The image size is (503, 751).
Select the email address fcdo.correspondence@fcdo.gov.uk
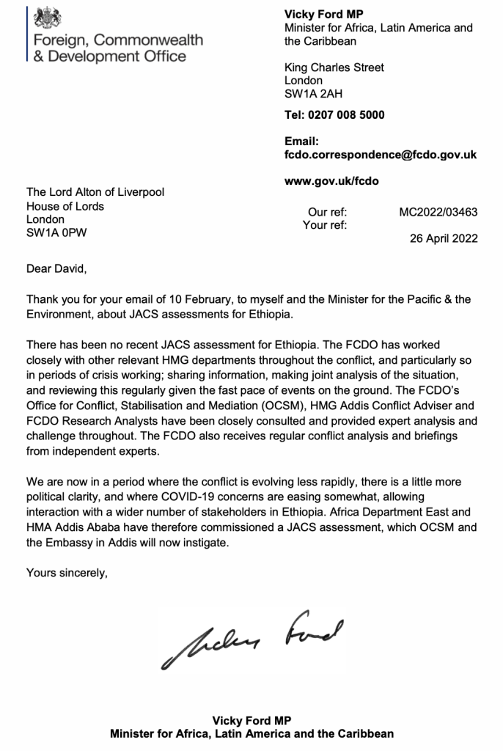pyautogui.click(x=381, y=155)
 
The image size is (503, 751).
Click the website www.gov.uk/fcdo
pyautogui.click(x=331, y=179)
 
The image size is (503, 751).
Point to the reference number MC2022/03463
pyautogui.click(x=438, y=213)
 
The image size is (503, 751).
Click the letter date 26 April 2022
pyautogui.click(x=444, y=238)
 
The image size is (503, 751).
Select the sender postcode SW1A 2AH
pyautogui.click(x=313, y=94)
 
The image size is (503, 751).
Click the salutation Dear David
pyautogui.click(x=56, y=269)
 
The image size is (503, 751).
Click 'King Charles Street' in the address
pyautogui.click(x=334, y=67)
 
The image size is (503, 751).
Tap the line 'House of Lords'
pyautogui.click(x=65, y=206)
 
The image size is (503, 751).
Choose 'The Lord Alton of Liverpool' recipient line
pyautogui.click(x=95, y=193)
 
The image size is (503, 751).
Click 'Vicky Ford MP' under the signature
pyautogui.click(x=251, y=720)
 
